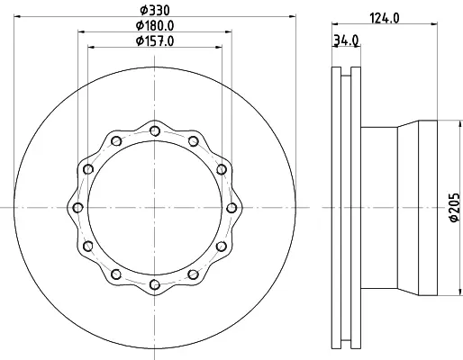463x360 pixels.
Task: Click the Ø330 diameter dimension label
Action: (155, 10)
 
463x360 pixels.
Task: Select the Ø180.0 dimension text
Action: (155, 25)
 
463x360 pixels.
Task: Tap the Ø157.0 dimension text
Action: (155, 40)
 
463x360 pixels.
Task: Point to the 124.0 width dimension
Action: (385, 18)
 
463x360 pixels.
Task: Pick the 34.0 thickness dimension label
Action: (346, 40)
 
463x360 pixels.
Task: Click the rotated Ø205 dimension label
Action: (455, 207)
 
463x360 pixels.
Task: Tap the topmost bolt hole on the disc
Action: (155, 130)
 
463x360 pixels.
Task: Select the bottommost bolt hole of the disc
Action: (155, 284)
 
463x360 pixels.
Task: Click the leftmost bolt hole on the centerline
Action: (78, 208)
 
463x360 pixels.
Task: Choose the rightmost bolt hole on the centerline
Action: (231, 208)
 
